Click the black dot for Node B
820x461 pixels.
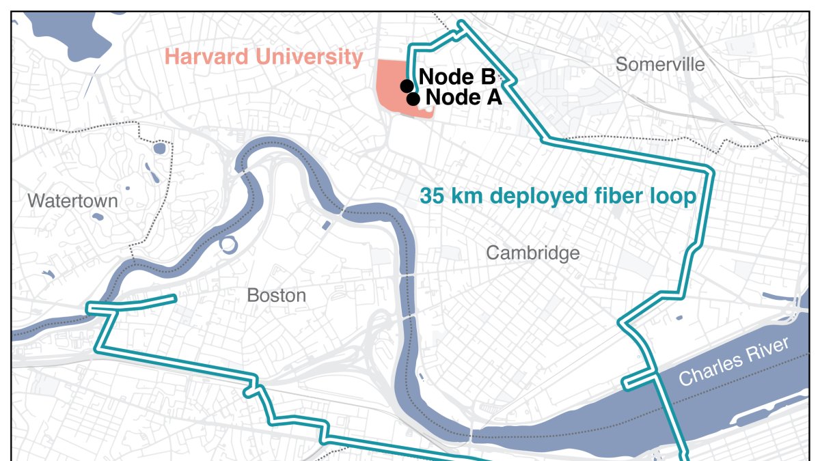(x=407, y=85)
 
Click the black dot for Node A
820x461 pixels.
(x=413, y=99)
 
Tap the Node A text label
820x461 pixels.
(x=464, y=98)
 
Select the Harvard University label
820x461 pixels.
(x=264, y=57)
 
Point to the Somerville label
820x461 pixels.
(x=660, y=65)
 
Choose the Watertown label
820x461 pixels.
(x=73, y=201)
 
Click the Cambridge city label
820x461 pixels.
(x=533, y=253)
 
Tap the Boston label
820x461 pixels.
(x=276, y=296)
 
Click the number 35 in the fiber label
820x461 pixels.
(x=432, y=197)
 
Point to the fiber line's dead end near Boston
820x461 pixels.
(x=175, y=298)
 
